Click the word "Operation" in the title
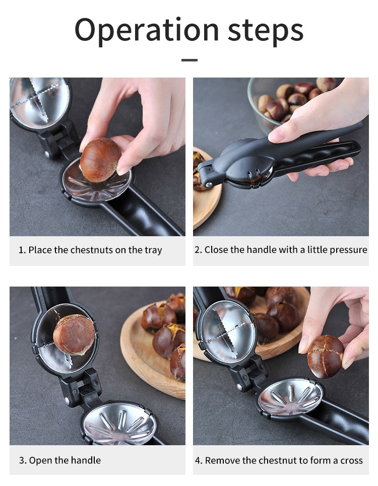147,30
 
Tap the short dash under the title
189,60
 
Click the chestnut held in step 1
100,160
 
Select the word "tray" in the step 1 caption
153,250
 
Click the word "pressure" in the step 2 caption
349,250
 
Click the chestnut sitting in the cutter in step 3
74,335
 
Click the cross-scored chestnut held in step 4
325,357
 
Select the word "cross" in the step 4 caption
351,461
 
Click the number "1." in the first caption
22,250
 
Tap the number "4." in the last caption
199,461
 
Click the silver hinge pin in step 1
47,154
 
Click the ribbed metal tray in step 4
290,397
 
